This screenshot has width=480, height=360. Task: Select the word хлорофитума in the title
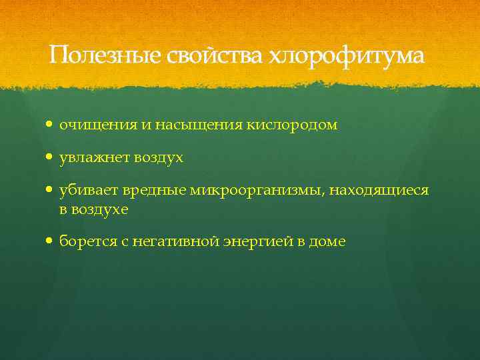tap(345, 55)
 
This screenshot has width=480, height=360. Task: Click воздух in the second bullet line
tap(159, 159)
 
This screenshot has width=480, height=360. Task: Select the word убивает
tap(89, 192)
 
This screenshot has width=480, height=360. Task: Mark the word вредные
tap(154, 192)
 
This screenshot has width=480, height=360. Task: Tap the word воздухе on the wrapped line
tap(99, 209)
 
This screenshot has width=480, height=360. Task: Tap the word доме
tap(327, 242)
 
